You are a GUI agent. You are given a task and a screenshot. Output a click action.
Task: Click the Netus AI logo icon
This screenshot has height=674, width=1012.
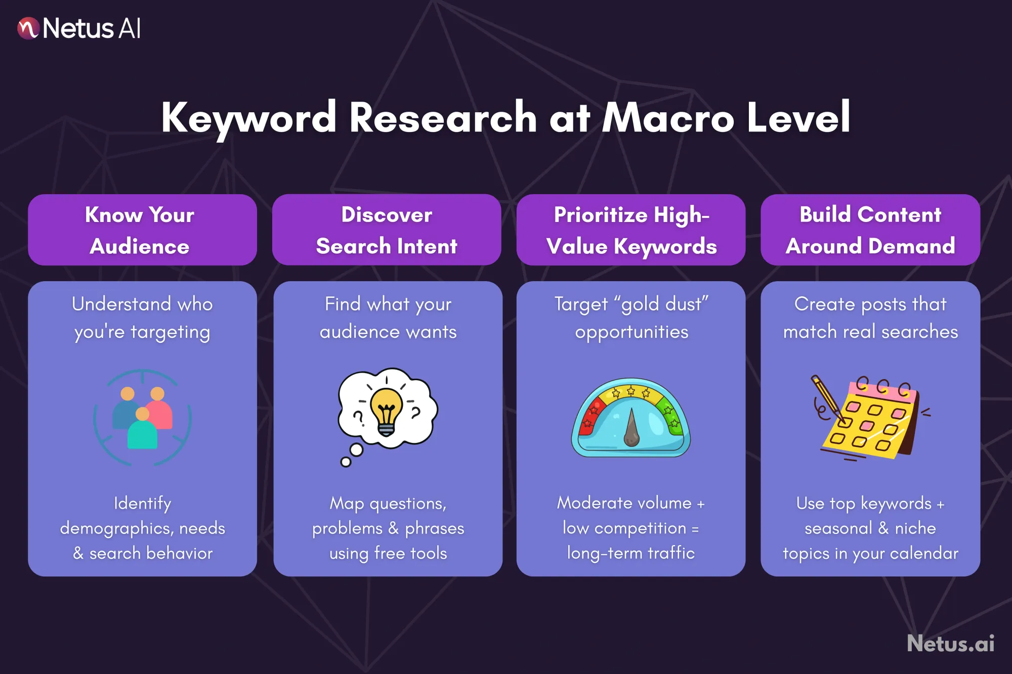point(28,28)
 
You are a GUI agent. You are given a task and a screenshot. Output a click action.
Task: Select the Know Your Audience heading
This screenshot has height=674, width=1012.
point(140,231)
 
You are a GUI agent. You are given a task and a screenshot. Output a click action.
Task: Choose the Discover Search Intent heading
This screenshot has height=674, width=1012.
point(387,231)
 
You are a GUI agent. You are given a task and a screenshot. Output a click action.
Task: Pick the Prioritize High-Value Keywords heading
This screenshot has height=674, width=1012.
point(631,231)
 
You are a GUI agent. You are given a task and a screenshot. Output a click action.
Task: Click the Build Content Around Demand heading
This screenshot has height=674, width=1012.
point(870,231)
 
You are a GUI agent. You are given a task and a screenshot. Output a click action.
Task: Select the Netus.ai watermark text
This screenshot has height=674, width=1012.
point(950,644)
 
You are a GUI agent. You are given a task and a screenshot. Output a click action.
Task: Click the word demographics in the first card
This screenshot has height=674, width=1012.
point(115,528)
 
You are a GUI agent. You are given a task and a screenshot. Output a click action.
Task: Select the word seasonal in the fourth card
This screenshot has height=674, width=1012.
point(838,528)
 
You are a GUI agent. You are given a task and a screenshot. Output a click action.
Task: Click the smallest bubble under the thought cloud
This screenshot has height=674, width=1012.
point(346,462)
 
